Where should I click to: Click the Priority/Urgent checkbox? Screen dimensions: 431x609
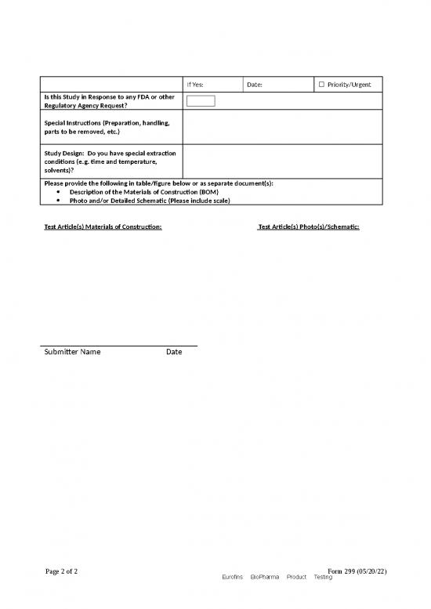pyautogui.click(x=321, y=84)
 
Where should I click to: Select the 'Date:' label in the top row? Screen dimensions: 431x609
pyautogui.click(x=255, y=85)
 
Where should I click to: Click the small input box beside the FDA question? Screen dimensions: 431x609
pyautogui.click(x=201, y=101)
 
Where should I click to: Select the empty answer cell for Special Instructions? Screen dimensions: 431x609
pyautogui.click(x=282, y=127)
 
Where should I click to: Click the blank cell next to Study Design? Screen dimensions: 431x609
pyautogui.click(x=282, y=160)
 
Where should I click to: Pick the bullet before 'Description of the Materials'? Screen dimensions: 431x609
pyautogui.click(x=60, y=192)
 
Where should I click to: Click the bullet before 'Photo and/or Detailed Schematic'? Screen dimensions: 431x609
pyautogui.click(x=60, y=201)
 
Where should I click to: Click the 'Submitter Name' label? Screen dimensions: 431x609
pyautogui.click(x=71, y=352)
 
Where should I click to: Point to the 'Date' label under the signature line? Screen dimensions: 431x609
pyautogui.click(x=174, y=352)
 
